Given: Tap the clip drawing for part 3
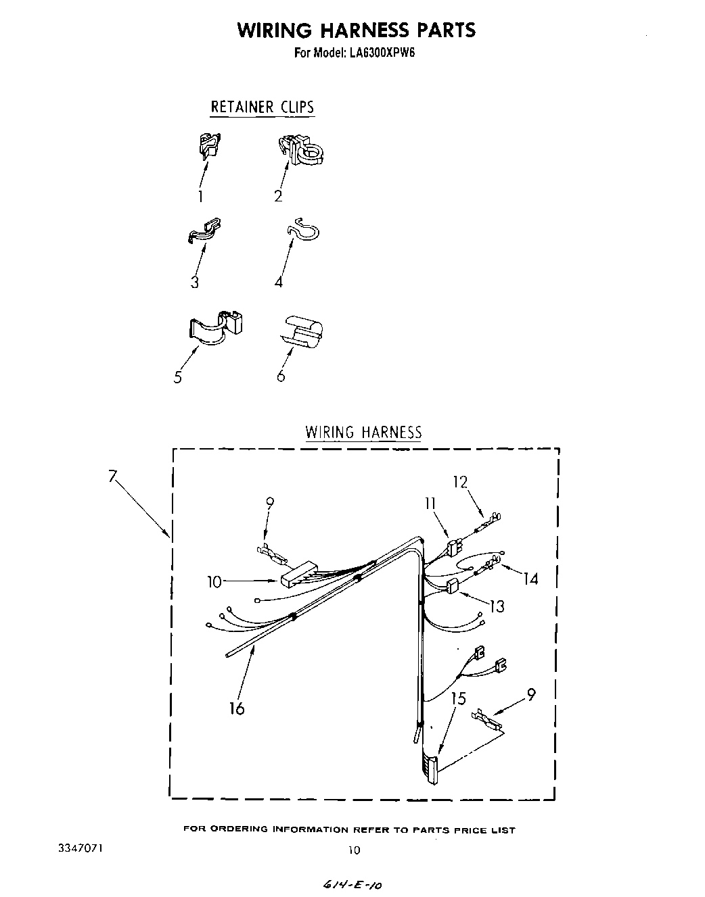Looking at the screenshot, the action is click(204, 231).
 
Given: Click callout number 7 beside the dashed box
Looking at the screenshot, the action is click(113, 475).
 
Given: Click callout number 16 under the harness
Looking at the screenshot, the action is click(237, 708).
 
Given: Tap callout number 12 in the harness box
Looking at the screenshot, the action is click(460, 482).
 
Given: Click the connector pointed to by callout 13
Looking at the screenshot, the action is click(453, 585).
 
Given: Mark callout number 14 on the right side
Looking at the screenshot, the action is click(530, 579).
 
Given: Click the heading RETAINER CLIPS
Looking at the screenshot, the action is click(263, 107).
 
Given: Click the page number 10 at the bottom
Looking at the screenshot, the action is click(353, 850).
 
